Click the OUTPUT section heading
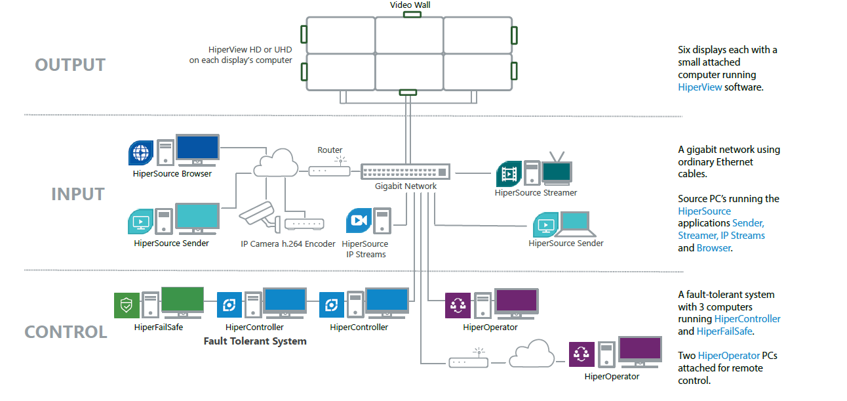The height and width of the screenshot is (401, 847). [70, 65]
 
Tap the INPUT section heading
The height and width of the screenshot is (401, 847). [78, 194]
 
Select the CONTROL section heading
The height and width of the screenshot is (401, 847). [66, 332]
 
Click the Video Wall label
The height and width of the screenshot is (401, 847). [410, 5]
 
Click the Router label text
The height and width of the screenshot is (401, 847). [330, 150]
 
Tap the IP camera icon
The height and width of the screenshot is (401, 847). [259, 214]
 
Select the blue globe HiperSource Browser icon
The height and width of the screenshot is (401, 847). [141, 153]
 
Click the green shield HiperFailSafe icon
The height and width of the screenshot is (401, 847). [127, 305]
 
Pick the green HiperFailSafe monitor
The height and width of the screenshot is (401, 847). [182, 303]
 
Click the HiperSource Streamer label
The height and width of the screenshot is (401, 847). [536, 193]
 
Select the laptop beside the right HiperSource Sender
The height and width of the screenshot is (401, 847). [576, 224]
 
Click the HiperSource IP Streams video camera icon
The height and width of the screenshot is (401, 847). [359, 221]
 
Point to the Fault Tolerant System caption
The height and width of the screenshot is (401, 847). [254, 341]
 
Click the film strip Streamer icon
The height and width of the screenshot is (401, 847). [509, 174]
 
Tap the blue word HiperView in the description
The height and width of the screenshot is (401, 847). [699, 87]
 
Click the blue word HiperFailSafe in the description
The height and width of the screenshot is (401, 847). [724, 331]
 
